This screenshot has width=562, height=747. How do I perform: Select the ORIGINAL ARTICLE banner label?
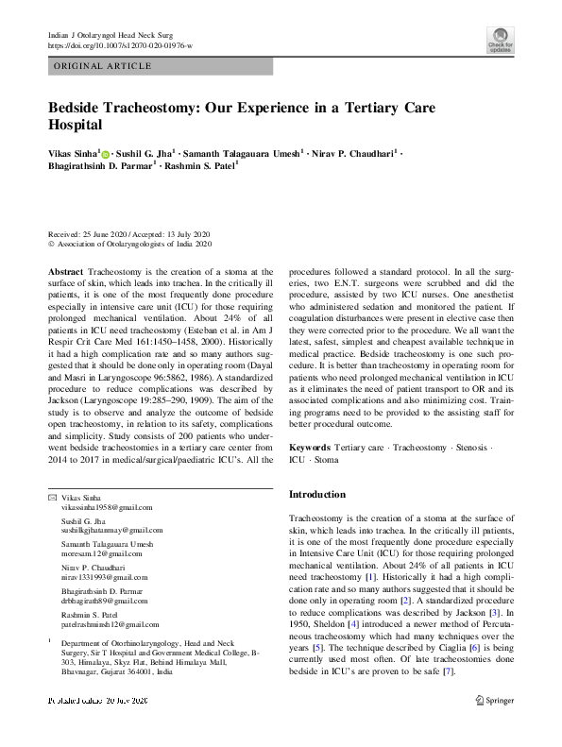click(103, 66)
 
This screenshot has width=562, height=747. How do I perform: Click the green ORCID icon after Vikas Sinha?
click(106, 151)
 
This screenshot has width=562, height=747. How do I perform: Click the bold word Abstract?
click(65, 271)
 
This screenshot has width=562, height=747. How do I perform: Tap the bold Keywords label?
click(310, 446)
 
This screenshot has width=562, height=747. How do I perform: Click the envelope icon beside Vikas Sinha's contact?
click(52, 498)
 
